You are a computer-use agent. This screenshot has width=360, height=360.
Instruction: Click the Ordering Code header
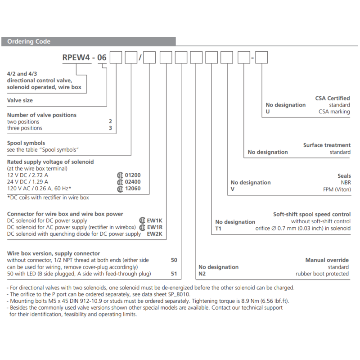[x=29, y=42]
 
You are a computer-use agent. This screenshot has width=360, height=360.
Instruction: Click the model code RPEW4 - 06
[x=85, y=58]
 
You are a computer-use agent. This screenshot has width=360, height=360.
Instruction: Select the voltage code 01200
[x=133, y=175]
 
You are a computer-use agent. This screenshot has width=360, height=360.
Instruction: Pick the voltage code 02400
[x=133, y=182]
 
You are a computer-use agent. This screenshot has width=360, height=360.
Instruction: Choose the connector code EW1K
[x=154, y=221]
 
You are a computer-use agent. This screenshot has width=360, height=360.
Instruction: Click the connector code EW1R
[x=154, y=227]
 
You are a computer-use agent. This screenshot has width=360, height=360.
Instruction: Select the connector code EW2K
[x=154, y=234]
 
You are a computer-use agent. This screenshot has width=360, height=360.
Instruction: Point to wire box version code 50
[x=174, y=260]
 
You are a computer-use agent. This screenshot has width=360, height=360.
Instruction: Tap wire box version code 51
[x=174, y=274]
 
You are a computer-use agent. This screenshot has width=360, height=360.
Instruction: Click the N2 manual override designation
[x=202, y=274]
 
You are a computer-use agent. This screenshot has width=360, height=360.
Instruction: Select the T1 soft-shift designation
[x=218, y=228]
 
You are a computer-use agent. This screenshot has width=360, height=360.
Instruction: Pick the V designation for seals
[x=233, y=189]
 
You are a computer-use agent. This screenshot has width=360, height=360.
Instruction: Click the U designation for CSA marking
[x=268, y=112]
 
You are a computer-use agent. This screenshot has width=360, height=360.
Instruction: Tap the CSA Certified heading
[x=333, y=98]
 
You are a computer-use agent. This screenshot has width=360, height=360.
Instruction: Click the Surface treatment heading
[x=327, y=145]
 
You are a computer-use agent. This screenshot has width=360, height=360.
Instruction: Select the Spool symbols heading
[x=26, y=143]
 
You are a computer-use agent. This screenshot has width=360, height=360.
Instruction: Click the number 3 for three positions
[x=110, y=128]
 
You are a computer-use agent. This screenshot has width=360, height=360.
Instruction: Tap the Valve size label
[x=20, y=100]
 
